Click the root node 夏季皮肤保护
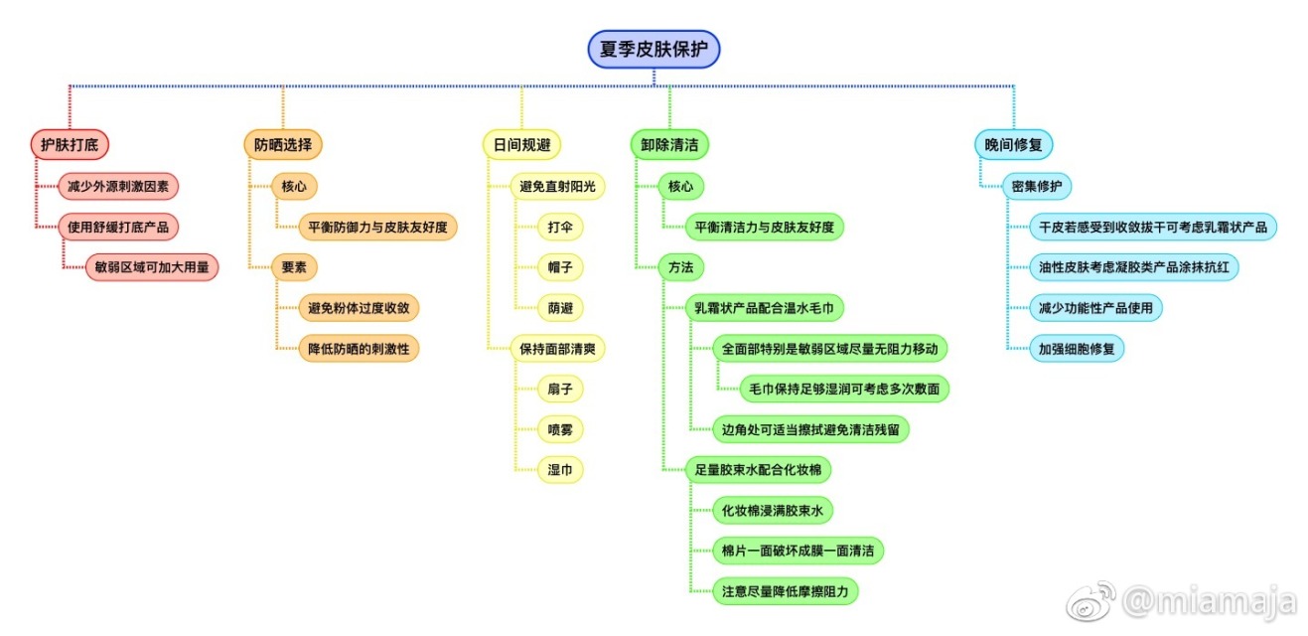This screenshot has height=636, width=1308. point(654,49)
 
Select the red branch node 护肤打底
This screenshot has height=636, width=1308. point(69,145)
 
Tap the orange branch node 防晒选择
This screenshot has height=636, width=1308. point(282,145)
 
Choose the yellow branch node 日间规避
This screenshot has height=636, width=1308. point(521,145)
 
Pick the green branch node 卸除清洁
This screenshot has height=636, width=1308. point(669,145)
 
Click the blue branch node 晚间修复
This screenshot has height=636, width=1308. point(1012,145)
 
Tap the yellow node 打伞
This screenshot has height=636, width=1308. point(560,227)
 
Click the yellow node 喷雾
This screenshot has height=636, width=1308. point(560,429)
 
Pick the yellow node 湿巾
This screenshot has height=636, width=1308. point(560,470)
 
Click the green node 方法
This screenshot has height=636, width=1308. point(680,266)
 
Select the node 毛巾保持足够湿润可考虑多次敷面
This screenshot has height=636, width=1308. point(844,389)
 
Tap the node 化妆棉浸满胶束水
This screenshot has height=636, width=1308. point(773,511)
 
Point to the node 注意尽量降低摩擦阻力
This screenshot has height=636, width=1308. point(786,591)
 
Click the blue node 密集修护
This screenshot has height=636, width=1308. point(1036,186)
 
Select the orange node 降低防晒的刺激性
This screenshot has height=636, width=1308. point(359,349)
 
